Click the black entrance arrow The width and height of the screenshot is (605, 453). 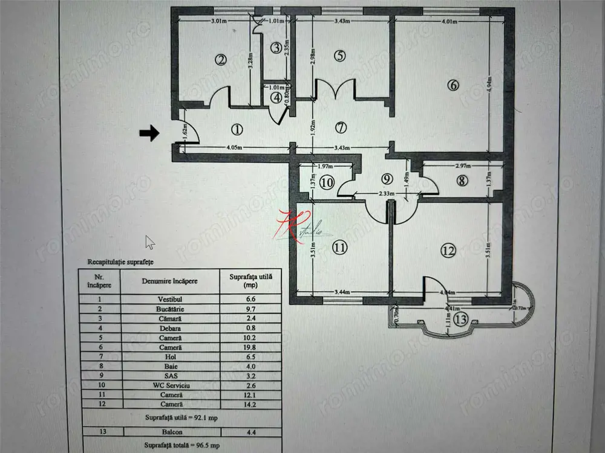click(x=149, y=133)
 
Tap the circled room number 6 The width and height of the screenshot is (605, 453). click(x=453, y=85)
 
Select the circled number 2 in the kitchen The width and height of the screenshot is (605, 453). click(x=221, y=59)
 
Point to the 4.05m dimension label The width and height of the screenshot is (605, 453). click(x=235, y=147)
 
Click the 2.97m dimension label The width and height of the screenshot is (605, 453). click(x=462, y=165)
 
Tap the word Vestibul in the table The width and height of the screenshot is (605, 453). click(x=170, y=298)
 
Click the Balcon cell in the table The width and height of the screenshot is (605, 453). click(x=170, y=431)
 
